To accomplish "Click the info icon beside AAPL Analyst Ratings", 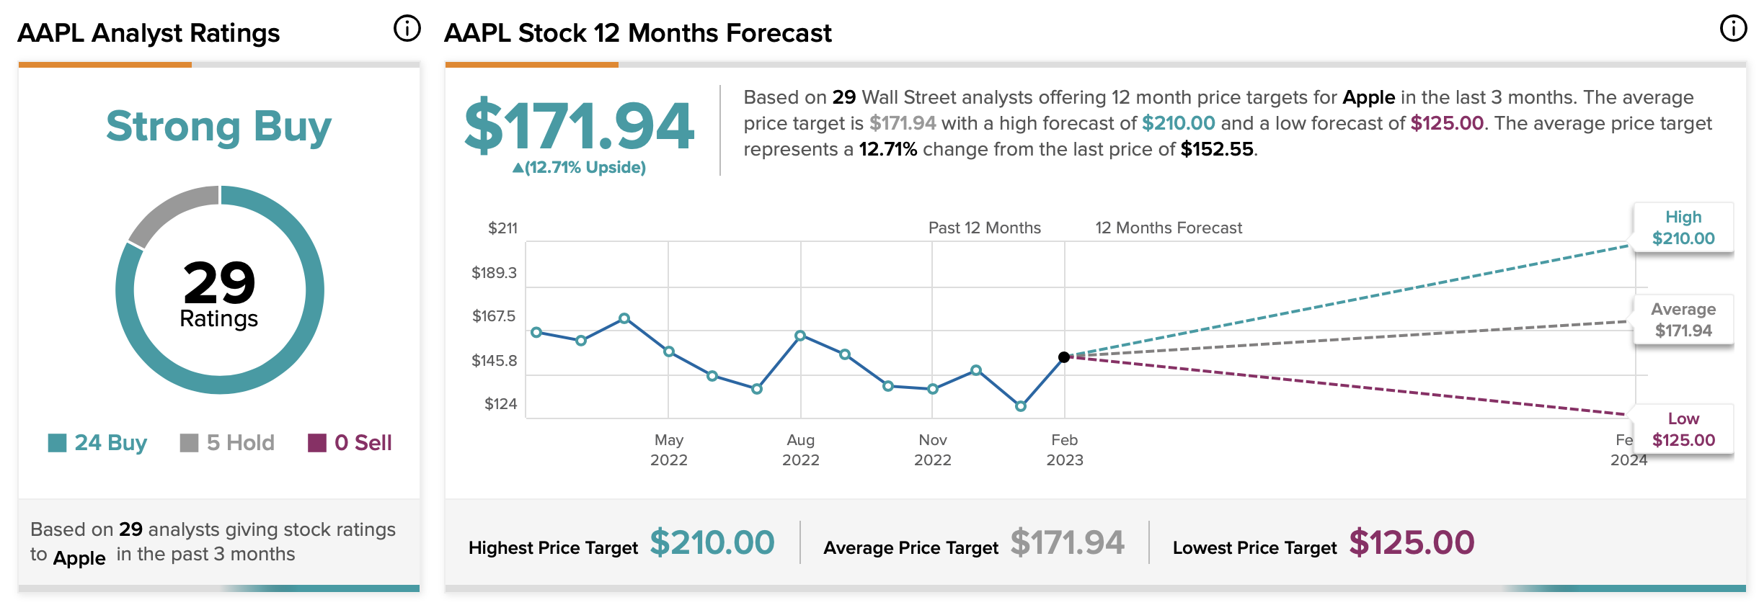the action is click(407, 29).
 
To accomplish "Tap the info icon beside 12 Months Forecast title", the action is click(1733, 29).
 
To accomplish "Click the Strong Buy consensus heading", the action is click(218, 127).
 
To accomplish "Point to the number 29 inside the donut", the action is click(219, 282).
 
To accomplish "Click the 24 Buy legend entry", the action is click(97, 442).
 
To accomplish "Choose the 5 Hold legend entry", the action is click(227, 442).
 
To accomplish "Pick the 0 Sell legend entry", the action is click(350, 442).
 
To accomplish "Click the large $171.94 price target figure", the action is click(579, 126).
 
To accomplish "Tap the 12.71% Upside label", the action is click(579, 168).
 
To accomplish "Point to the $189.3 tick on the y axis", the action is click(494, 273).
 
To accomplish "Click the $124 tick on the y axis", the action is click(500, 404).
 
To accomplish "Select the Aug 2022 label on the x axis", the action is click(801, 450).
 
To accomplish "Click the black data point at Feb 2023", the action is click(1064, 357).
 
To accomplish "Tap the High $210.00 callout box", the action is click(1683, 228).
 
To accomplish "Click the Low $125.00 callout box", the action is click(1683, 429).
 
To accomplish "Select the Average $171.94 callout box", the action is click(1683, 320).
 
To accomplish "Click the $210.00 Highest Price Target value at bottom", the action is click(712, 542).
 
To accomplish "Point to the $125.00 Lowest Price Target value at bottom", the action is click(1412, 542).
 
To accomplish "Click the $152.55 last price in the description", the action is click(1217, 149).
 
